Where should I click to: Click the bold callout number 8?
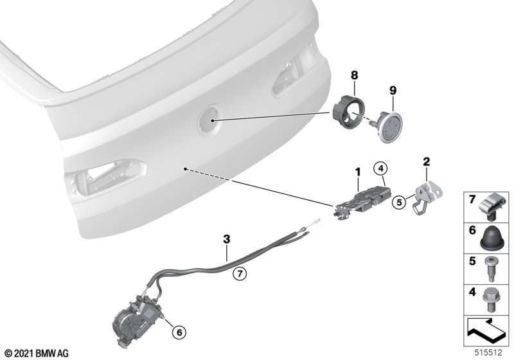[x=355, y=75]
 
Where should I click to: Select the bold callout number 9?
[x=393, y=90]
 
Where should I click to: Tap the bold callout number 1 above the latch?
[x=358, y=172]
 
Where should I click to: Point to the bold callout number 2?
[x=426, y=161]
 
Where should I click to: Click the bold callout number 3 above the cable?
[x=227, y=239]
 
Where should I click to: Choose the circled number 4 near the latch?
[x=380, y=168]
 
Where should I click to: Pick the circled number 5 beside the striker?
[x=399, y=203]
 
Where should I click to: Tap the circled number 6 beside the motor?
[x=179, y=332]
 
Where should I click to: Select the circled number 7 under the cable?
[x=240, y=273]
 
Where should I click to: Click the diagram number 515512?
[x=488, y=353]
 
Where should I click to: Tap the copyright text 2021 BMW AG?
[x=37, y=354]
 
